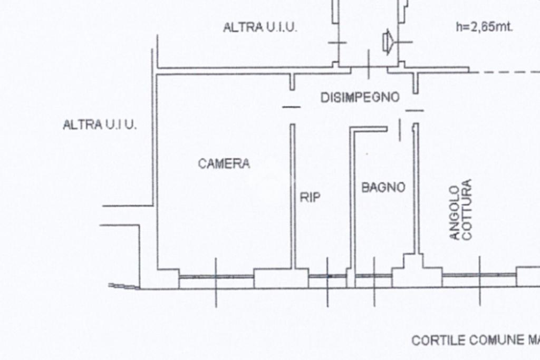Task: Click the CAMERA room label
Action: click(x=224, y=163)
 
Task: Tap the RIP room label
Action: click(x=310, y=197)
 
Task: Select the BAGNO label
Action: click(x=383, y=188)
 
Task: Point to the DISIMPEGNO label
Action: click(x=360, y=98)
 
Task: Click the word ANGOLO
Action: click(x=455, y=212)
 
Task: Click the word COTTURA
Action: click(x=466, y=209)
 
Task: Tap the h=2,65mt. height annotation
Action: click(x=484, y=26)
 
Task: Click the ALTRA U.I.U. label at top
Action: click(x=259, y=27)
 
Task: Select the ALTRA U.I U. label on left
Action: click(x=100, y=124)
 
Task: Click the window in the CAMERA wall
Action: click(x=216, y=276)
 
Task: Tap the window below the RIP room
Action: click(x=327, y=276)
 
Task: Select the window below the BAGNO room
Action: click(x=374, y=276)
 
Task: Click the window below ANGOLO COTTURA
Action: click(x=479, y=275)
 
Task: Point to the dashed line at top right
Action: click(x=505, y=72)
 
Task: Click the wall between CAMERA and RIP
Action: click(x=293, y=197)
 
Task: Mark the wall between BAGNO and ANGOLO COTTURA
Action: click(x=416, y=189)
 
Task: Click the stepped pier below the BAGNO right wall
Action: click(x=417, y=271)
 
